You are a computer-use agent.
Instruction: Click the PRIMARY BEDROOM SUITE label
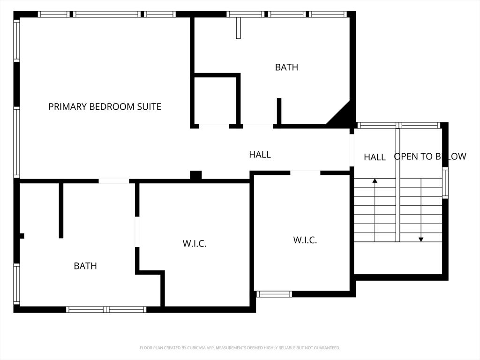tap(105, 106)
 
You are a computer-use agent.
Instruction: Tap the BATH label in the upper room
tap(286, 67)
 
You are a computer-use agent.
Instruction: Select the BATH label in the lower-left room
tap(85, 266)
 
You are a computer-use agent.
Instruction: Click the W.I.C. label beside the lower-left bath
tap(195, 244)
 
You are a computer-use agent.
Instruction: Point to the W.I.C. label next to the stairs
tap(305, 240)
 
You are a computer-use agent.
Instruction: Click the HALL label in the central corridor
tap(260, 155)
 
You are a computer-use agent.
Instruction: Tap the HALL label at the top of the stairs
tap(375, 157)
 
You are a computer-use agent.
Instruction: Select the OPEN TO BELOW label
tap(430, 157)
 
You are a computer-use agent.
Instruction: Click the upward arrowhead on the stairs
tap(375, 180)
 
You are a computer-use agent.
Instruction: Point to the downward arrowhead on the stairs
tap(421, 240)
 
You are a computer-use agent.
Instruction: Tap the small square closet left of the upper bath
tap(216, 101)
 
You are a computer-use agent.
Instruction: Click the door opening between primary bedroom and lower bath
tap(113, 181)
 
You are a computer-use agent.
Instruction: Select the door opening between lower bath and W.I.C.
tap(137, 232)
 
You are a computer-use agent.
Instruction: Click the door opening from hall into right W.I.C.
tap(305, 172)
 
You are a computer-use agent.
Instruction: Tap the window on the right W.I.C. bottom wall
tap(274, 294)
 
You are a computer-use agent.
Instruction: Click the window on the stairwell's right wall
tap(445, 183)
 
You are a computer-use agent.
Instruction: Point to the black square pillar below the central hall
tap(196, 175)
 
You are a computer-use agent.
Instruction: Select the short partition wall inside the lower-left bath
tap(61, 210)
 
